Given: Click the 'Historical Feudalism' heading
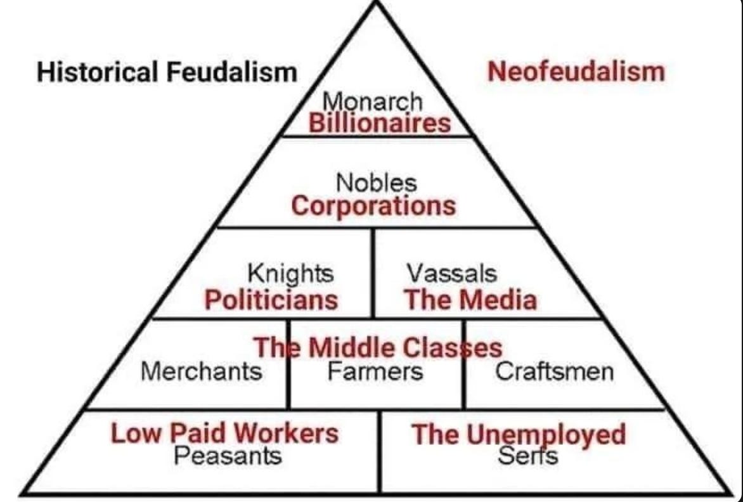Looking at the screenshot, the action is pos(167,72).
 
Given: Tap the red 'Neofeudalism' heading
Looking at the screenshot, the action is pos(576,72).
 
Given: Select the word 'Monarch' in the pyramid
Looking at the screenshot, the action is pos(372,101).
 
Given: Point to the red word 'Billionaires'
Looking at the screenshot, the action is pos(379,122).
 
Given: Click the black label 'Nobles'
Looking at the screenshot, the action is pos(377,183).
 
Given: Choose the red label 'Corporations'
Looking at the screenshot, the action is pos(373,205).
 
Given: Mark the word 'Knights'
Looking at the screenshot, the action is pos(290,274).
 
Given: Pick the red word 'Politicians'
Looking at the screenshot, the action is pos(271,299).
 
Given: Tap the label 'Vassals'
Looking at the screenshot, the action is pos(451,274).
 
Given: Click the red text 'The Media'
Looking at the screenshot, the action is pos(470,299).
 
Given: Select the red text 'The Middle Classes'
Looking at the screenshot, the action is pos(378,347).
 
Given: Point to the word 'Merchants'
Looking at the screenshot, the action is pos(201,371).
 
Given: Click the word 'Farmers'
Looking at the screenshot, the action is pos(375,371).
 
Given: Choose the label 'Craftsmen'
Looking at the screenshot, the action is pos(554,371).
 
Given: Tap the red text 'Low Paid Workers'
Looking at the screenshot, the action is pos(224,434).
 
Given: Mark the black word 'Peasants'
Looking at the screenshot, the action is pos(228,454).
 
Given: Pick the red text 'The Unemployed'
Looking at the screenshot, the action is pos(519,435).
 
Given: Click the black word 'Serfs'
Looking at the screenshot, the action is pos(527,455).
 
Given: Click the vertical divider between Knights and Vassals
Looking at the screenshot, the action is pos(373,273).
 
